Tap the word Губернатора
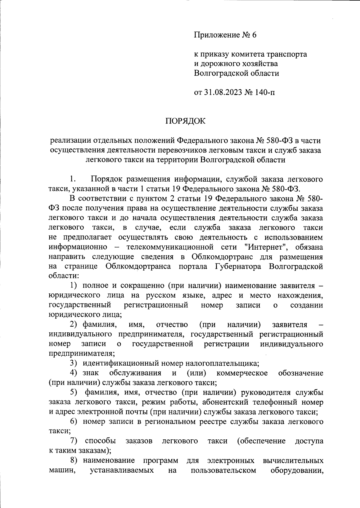point(241,266)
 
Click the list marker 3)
point(74,363)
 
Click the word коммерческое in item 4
point(242,373)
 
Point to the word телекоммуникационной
point(170,247)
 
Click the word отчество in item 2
point(172,325)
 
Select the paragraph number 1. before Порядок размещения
point(72,179)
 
